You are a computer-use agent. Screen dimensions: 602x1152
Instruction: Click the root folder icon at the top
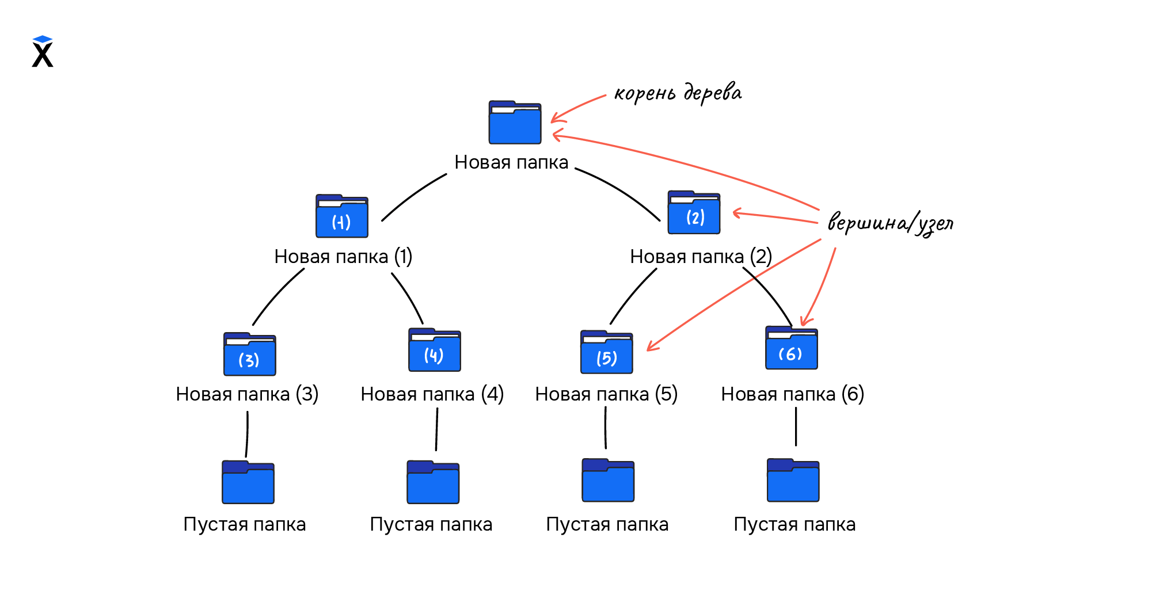515,123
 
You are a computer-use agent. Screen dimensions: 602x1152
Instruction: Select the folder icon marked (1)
341,216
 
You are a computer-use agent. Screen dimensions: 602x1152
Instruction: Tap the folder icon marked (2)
694,213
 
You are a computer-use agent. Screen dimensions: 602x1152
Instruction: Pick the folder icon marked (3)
249,355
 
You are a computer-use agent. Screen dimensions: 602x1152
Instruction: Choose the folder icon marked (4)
434,350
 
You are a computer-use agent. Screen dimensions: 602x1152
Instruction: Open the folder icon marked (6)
791,348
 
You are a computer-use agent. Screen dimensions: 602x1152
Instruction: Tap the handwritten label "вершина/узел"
890,223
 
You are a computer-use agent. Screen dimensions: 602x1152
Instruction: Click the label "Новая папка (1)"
343,257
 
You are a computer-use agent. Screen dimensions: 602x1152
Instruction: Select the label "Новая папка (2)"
701,257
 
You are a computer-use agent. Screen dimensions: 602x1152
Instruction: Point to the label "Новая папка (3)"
247,394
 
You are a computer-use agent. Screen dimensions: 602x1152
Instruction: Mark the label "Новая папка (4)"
432,394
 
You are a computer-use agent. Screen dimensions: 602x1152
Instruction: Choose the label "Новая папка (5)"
606,394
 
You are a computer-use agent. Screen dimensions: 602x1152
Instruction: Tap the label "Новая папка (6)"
792,394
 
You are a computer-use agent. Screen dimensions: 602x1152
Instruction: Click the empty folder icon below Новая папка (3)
248,482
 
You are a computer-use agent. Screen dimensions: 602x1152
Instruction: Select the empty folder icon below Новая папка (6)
793,481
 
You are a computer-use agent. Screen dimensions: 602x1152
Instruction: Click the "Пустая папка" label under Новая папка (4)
431,524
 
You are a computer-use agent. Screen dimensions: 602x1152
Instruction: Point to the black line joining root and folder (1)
413,195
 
